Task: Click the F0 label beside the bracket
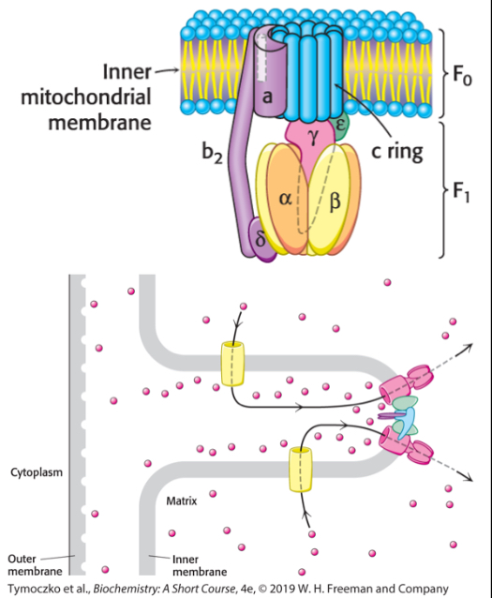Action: [461, 75]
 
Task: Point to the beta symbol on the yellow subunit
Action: [335, 199]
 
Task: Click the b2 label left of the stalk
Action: [211, 156]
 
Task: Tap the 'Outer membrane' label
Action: [35, 564]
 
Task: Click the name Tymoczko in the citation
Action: [33, 589]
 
